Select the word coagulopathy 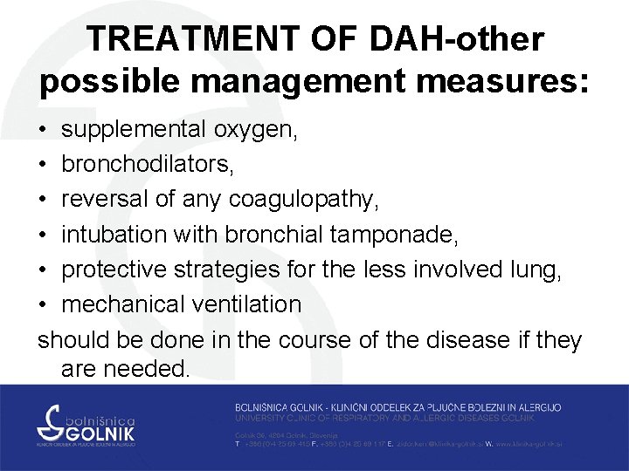(303, 201)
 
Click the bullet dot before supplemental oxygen (44, 131)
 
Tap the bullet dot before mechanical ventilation (44, 304)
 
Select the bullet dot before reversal (44, 201)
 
